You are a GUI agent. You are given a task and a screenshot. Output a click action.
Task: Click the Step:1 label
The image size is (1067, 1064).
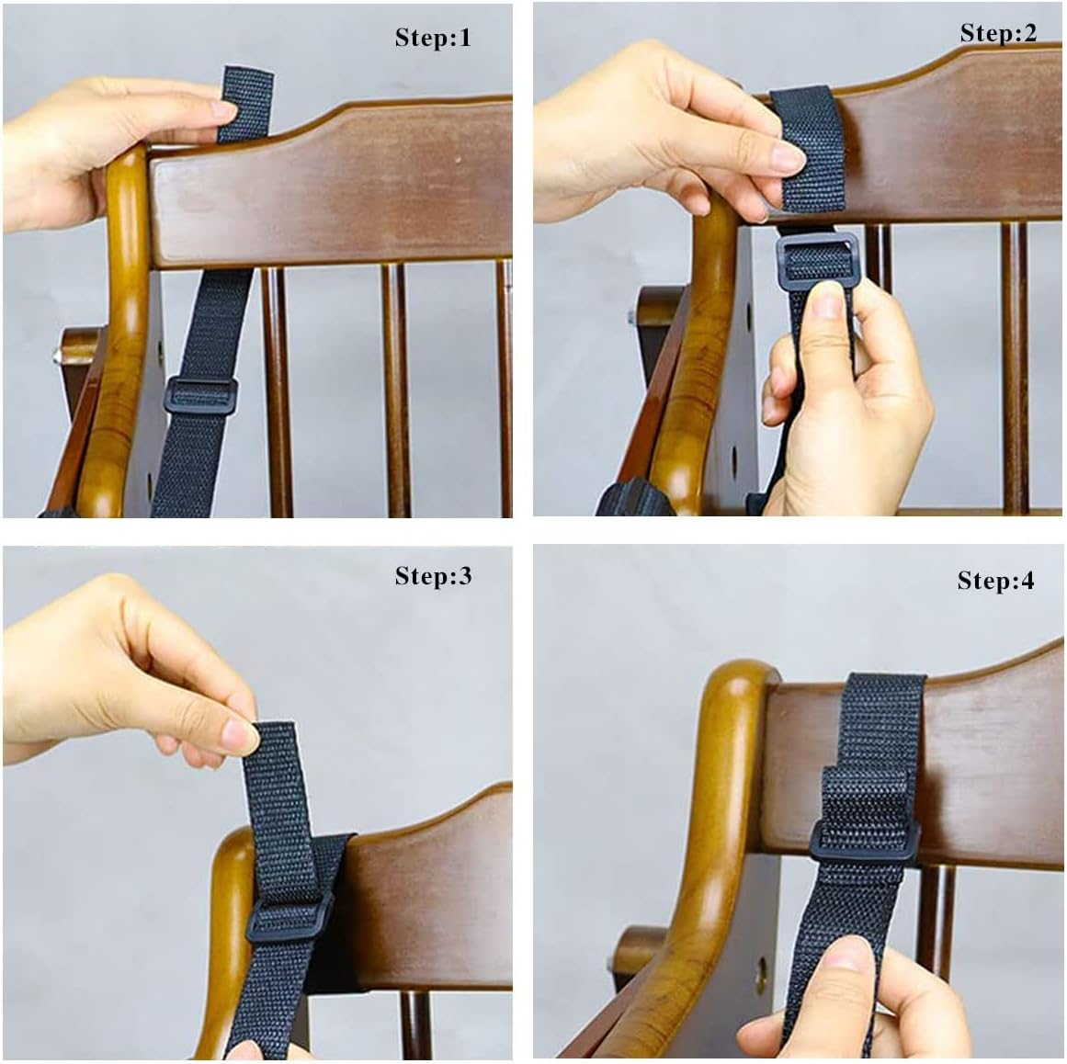coord(432,39)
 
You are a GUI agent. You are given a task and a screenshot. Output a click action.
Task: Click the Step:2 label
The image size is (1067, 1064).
coord(998,34)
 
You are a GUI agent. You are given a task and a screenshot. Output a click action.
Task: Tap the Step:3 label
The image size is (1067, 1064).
coord(432,577)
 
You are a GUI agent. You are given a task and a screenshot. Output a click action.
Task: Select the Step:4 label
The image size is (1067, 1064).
coord(995,582)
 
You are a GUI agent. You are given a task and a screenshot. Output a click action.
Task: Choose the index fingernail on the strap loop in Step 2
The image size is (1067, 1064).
coord(787,163)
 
